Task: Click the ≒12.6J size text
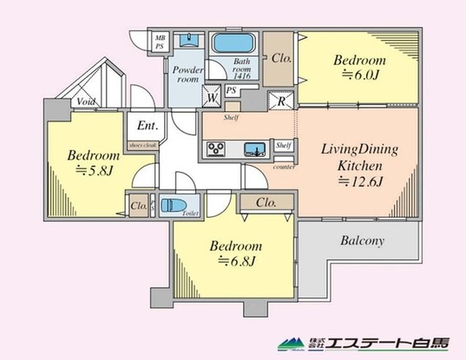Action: coord(360,181)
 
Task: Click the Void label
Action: coord(85,101)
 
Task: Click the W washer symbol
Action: coord(212,97)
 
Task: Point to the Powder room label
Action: coord(187,73)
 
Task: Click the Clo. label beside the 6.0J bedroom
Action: coord(280,60)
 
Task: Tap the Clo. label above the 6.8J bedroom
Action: coord(266,203)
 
